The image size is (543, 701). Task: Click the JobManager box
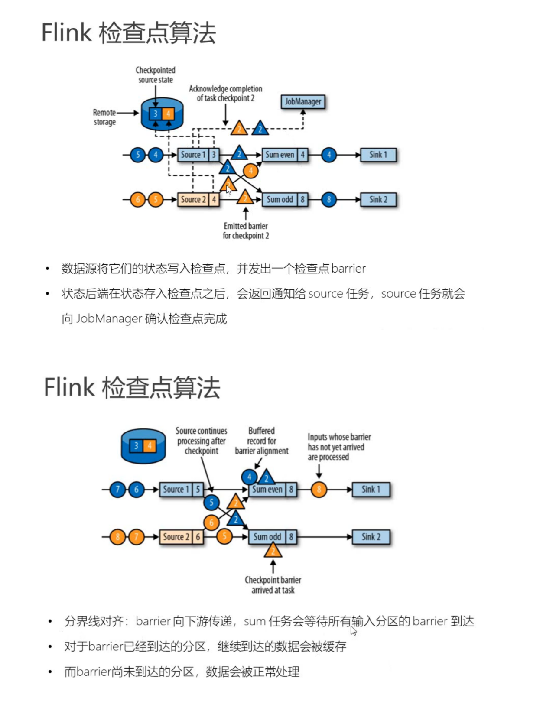303,102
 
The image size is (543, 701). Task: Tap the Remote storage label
104,117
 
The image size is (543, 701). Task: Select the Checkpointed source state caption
156,75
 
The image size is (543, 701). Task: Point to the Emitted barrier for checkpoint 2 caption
246,231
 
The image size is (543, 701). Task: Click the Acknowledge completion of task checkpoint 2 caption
225,93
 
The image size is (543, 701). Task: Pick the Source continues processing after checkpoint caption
201,441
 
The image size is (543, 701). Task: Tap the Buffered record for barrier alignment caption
261,441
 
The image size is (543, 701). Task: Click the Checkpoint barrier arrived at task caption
273,585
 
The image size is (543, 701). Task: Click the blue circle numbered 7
117,490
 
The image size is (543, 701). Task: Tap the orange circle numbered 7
136,537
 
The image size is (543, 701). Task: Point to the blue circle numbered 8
329,200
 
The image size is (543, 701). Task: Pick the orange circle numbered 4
250,171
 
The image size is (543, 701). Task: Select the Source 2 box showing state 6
182,537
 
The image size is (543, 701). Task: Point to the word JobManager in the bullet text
109,319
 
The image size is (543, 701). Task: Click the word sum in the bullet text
255,621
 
